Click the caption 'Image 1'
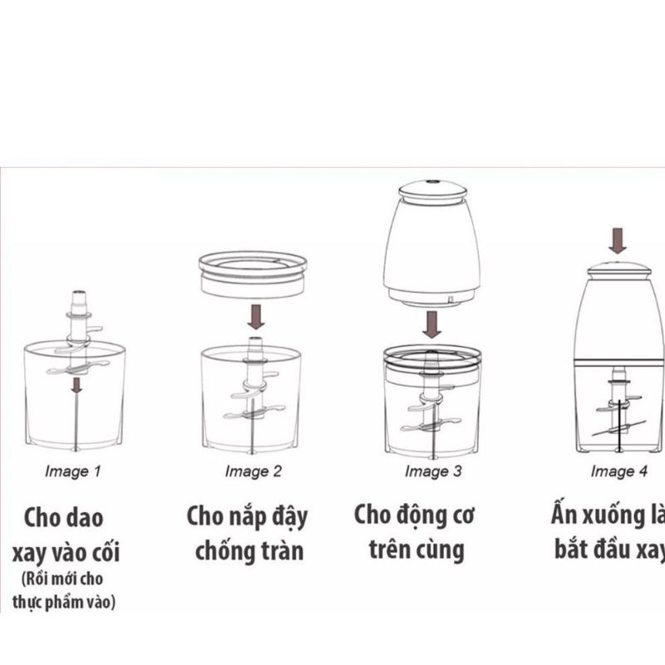click(x=73, y=471)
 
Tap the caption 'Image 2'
click(x=254, y=471)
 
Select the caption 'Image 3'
click(x=433, y=471)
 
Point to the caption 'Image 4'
click(x=619, y=471)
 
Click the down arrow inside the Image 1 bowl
click(x=76, y=385)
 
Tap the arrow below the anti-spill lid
click(x=256, y=317)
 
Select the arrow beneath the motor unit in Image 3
click(x=431, y=324)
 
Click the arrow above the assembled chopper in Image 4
click(x=618, y=241)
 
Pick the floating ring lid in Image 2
click(x=253, y=274)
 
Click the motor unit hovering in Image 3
click(x=431, y=244)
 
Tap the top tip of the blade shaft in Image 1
click(x=79, y=293)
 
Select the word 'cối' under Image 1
click(x=107, y=552)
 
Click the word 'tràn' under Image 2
click(x=283, y=551)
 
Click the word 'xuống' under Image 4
click(x=613, y=515)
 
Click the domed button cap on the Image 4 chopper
click(x=618, y=269)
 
